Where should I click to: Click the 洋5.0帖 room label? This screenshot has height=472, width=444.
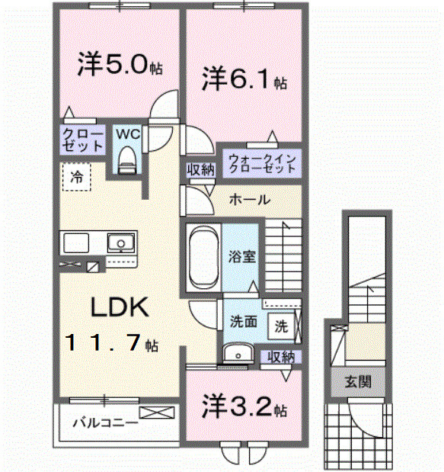pos(119,66)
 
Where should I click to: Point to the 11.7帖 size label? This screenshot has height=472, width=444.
pos(111,343)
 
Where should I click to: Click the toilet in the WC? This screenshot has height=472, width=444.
pos(127,158)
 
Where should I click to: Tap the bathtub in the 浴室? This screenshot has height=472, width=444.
pos(203,256)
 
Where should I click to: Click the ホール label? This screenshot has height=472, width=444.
pos(248,200)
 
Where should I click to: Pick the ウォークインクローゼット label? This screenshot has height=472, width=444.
pos(260,163)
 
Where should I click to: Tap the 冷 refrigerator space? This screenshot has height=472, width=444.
pos(76,176)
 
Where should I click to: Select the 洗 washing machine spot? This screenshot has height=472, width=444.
pos(281,326)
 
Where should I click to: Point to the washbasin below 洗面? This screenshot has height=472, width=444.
pos(241,353)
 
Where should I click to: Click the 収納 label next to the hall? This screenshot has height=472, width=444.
pos(200,169)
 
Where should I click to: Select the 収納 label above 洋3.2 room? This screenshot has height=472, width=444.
pos(280,355)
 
